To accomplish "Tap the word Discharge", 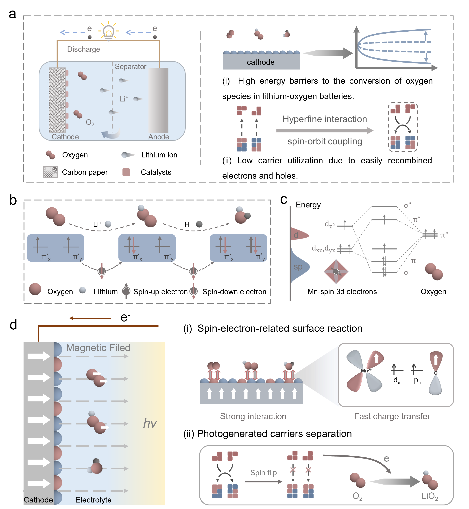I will click(x=83, y=49).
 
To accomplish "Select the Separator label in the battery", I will click(x=130, y=66).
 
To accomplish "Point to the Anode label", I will click(x=159, y=137).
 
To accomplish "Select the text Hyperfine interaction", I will click(x=325, y=119).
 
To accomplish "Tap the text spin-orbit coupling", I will click(x=325, y=141).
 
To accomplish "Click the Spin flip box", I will click(x=263, y=472).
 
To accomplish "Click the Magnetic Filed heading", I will click(x=98, y=348).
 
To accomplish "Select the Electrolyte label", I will click(x=93, y=500).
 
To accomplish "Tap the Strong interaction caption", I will click(x=253, y=416).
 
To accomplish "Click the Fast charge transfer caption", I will click(x=392, y=416).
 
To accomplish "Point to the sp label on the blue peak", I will click(x=298, y=267).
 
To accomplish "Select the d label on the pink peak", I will click(x=296, y=235).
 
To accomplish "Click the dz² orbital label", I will click(x=330, y=224).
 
